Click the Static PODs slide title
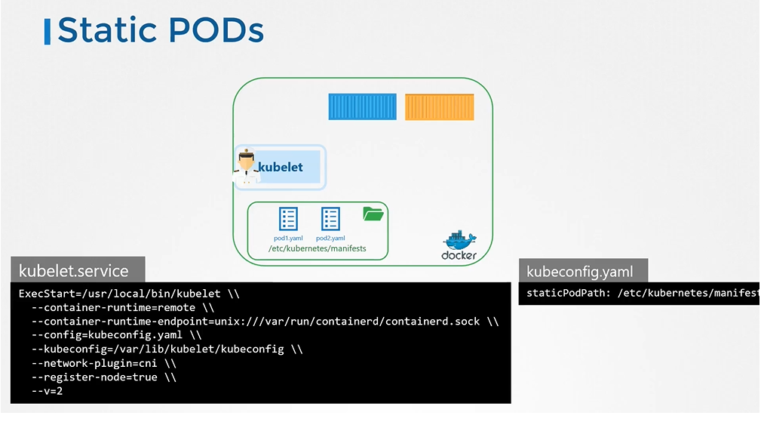pyautogui.click(x=160, y=30)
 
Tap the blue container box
pyautogui.click(x=362, y=106)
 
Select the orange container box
pyautogui.click(x=439, y=106)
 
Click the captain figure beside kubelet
pyautogui.click(x=246, y=168)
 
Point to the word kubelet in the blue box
pyautogui.click(x=281, y=167)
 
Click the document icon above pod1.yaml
pyautogui.click(x=288, y=219)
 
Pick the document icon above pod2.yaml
pyautogui.click(x=330, y=219)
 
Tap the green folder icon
pyautogui.click(x=373, y=214)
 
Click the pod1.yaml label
pyautogui.click(x=288, y=238)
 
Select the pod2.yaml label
pyautogui.click(x=330, y=238)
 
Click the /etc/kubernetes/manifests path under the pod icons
pyautogui.click(x=317, y=248)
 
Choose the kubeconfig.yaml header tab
pyautogui.click(x=580, y=272)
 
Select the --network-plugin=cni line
pyautogui.click(x=104, y=363)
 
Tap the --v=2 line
pyautogui.click(x=47, y=391)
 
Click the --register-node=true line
pyautogui.click(x=103, y=377)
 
